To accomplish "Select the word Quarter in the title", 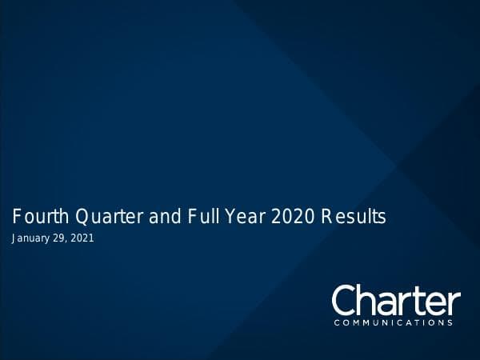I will (102, 216).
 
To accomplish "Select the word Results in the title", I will (353, 216).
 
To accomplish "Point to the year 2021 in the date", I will (84, 238).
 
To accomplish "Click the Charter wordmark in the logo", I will (396, 301).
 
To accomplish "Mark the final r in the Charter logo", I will (454, 303).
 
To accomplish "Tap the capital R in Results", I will (326, 216).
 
